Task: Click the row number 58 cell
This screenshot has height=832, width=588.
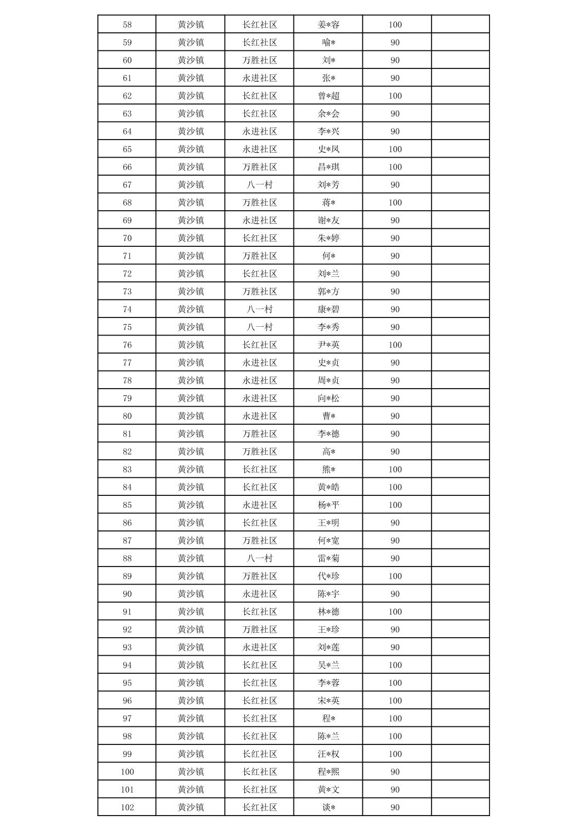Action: [x=127, y=25]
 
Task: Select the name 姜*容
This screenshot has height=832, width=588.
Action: [x=328, y=25]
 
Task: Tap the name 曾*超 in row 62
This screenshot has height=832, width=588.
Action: [x=328, y=96]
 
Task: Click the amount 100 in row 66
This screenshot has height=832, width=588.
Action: [x=395, y=167]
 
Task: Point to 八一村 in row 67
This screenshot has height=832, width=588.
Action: [x=260, y=185]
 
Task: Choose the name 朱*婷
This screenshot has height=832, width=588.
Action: [x=328, y=238]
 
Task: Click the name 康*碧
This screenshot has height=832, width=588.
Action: [x=328, y=309]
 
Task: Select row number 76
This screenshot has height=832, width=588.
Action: [x=127, y=345]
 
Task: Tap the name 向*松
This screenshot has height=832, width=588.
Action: [x=328, y=398]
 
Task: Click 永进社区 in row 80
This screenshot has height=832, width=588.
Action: [x=260, y=416]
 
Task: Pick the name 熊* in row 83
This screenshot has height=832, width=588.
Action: [x=328, y=470]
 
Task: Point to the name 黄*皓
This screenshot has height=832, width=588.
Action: [x=328, y=487]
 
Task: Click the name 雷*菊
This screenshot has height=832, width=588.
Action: [x=328, y=558]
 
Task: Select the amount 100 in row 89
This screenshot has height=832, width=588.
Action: [x=395, y=576]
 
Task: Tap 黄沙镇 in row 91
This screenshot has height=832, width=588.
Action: [x=191, y=612]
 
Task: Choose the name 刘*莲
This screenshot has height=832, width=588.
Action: [x=328, y=648]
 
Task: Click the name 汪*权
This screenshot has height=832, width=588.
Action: [x=328, y=754]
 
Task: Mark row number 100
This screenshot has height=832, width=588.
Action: [x=127, y=772]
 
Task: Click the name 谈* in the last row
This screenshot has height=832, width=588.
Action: [x=328, y=807]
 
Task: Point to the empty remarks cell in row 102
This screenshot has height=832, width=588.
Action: [x=460, y=807]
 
